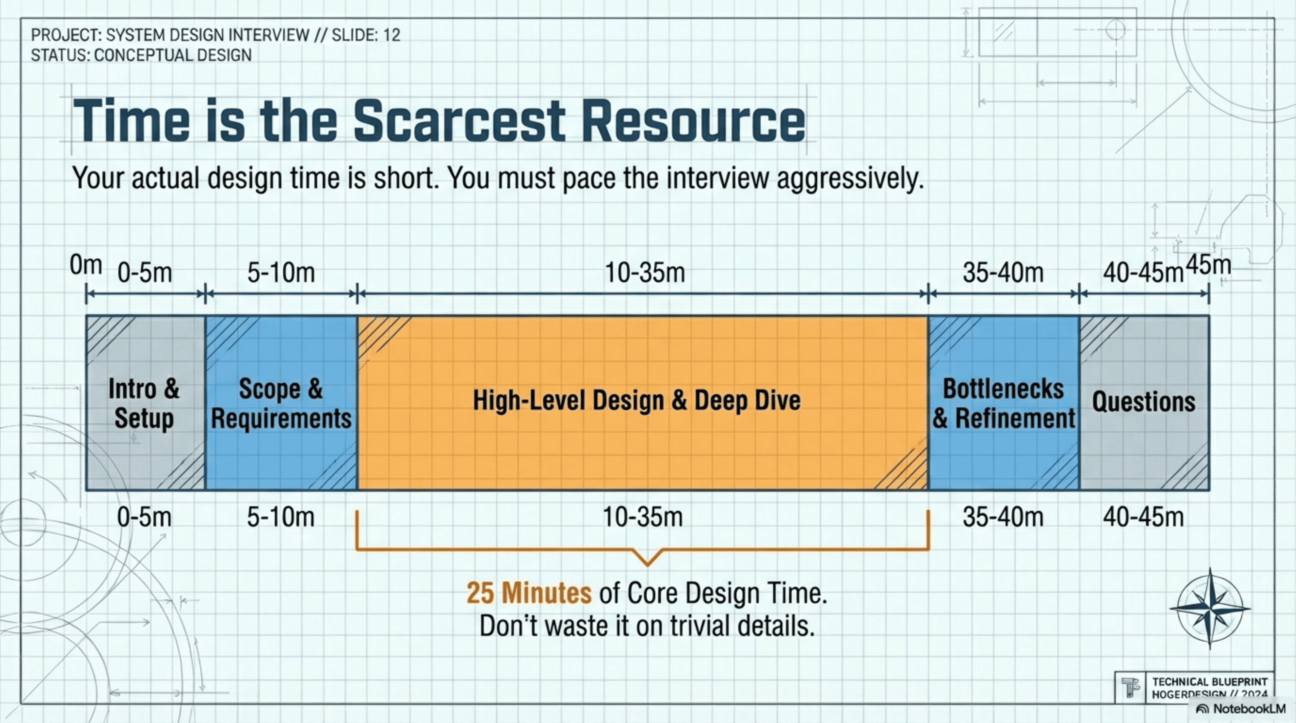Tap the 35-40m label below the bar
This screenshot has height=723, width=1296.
1003,517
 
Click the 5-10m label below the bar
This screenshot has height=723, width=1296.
281,517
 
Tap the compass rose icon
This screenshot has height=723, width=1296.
1210,608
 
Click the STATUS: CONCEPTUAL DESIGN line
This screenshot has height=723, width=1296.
141,55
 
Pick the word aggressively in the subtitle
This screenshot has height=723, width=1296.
851,179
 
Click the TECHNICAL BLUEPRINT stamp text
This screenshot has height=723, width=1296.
1210,682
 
